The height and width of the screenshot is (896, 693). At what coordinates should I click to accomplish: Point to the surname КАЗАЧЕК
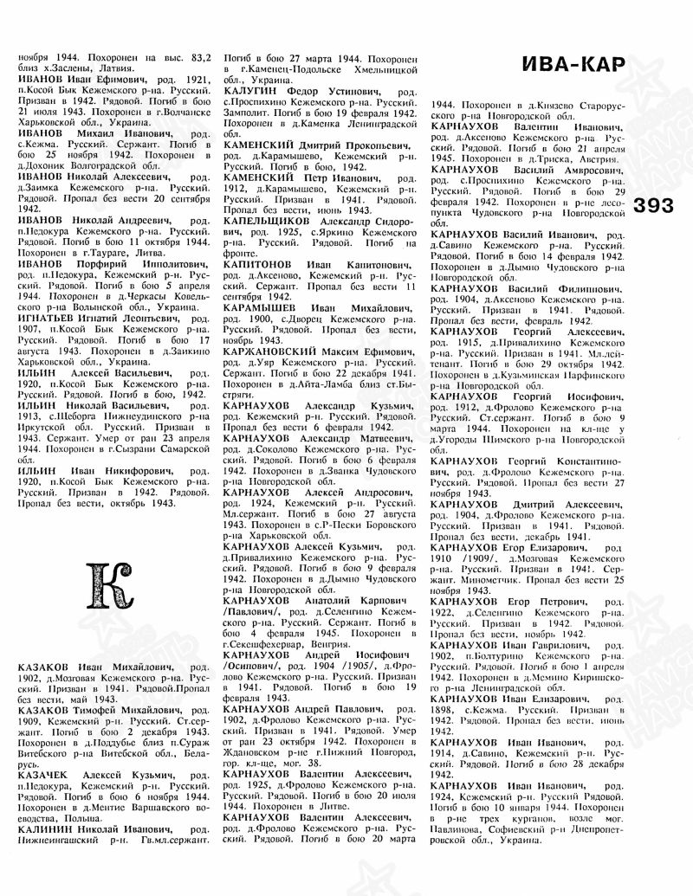click(46, 776)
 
